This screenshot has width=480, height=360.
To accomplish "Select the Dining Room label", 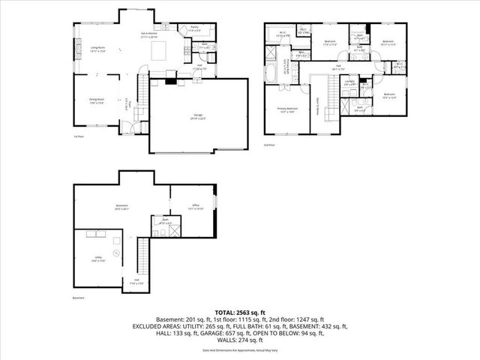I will (95, 103).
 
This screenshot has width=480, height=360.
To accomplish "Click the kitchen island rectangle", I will (158, 51).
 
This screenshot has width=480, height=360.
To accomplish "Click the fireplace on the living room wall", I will (75, 51).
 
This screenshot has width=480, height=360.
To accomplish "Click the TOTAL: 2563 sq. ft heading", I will (240, 311).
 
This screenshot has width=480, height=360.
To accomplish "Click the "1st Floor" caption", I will (79, 137).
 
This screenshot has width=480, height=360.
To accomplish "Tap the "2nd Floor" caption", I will (268, 144).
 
